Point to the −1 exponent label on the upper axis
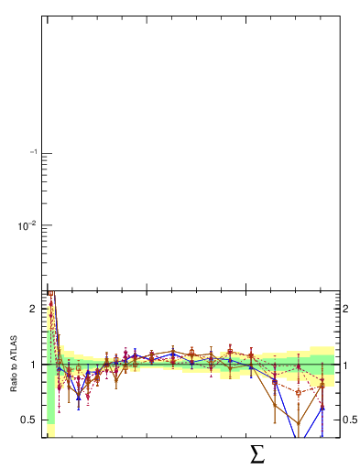click(32, 152)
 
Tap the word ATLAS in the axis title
click(15, 353)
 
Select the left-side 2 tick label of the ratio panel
click(33, 309)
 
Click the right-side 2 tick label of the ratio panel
click(346, 309)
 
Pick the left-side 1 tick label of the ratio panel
click(33, 365)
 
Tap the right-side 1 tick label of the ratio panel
click(346, 365)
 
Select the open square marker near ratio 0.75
click(299, 392)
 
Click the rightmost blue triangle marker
click(322, 407)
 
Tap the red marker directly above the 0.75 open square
click(299, 367)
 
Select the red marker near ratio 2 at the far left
click(51, 315)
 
